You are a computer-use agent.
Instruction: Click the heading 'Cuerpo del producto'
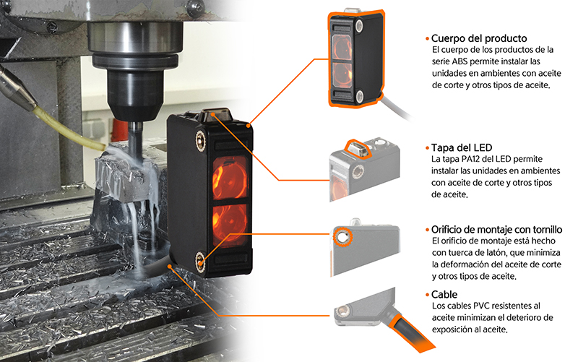pyautogui.click(x=479, y=38)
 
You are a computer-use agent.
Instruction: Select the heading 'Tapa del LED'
pyautogui.click(x=462, y=148)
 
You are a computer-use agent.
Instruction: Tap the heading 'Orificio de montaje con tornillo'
pyautogui.click(x=496, y=230)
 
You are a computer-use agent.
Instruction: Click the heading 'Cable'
pyautogui.click(x=444, y=295)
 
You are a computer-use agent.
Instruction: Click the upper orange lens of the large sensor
pyautogui.click(x=230, y=177)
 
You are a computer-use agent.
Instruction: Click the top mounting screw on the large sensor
pyautogui.click(x=201, y=139)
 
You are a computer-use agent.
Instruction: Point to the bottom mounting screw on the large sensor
pyautogui.click(x=200, y=262)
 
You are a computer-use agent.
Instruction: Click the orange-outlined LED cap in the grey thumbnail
pyautogui.click(x=358, y=148)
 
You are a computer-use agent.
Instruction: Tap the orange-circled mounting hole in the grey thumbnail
pyautogui.click(x=342, y=236)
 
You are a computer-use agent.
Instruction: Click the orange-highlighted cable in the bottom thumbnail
pyautogui.click(x=409, y=330)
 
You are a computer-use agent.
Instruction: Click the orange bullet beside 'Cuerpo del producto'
pyautogui.click(x=428, y=39)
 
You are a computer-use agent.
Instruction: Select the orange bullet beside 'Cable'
pyautogui.click(x=428, y=295)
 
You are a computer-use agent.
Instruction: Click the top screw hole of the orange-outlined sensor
pyautogui.click(x=358, y=25)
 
